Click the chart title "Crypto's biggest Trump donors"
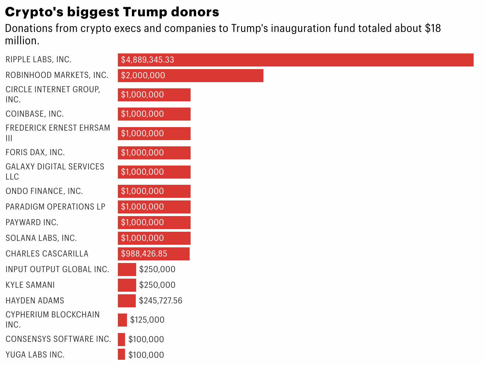pyautogui.click(x=112, y=12)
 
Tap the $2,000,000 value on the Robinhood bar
pyautogui.click(x=143, y=76)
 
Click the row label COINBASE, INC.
pyautogui.click(x=35, y=114)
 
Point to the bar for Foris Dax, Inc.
pyautogui.click(x=154, y=153)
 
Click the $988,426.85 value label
pyautogui.click(x=144, y=254)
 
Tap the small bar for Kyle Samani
pyautogui.click(x=127, y=285)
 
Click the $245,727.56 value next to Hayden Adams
pyautogui.click(x=161, y=300)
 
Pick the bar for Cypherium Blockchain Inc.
pyautogui.click(x=122, y=320)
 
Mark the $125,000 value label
pyautogui.click(x=147, y=320)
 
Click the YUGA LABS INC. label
pyautogui.click(x=35, y=355)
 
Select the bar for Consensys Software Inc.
pyautogui.click(x=121, y=339)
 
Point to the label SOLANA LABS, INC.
pyautogui.click(x=41, y=238)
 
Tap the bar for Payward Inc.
pyautogui.click(x=154, y=223)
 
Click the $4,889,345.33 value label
pyautogui.click(x=148, y=60)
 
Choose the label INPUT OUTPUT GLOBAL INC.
pyautogui.click(x=57, y=270)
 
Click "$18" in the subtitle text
pyautogui.click(x=433, y=29)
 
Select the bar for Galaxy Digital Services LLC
pyautogui.click(x=154, y=172)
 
